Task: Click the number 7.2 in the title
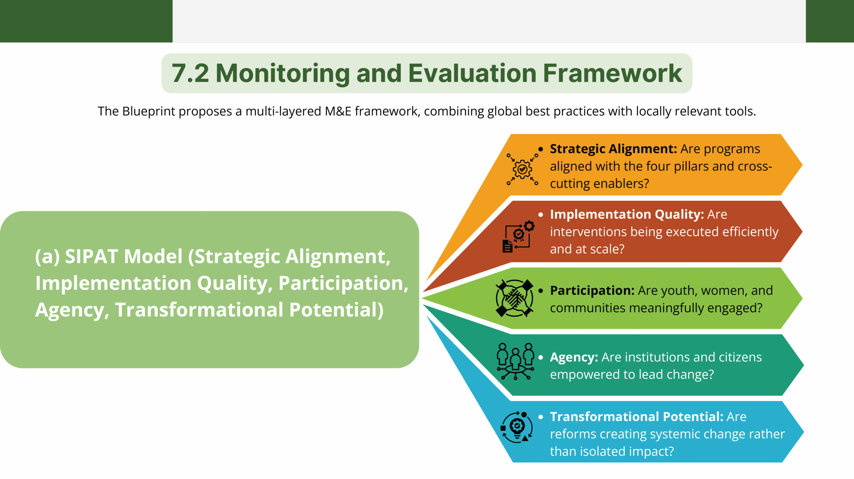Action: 190,73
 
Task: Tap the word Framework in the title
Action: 612,73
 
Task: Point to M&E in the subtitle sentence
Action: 338,111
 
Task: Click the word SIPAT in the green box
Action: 90,257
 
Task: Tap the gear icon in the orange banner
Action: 522,169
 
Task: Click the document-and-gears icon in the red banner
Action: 518,236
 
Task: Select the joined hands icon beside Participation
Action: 514,298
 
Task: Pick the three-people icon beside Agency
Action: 515,361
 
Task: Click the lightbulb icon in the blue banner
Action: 517,427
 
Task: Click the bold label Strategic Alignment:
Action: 613,149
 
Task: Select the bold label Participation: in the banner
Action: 592,291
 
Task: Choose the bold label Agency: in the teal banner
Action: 574,358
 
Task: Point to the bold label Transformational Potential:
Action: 637,417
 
